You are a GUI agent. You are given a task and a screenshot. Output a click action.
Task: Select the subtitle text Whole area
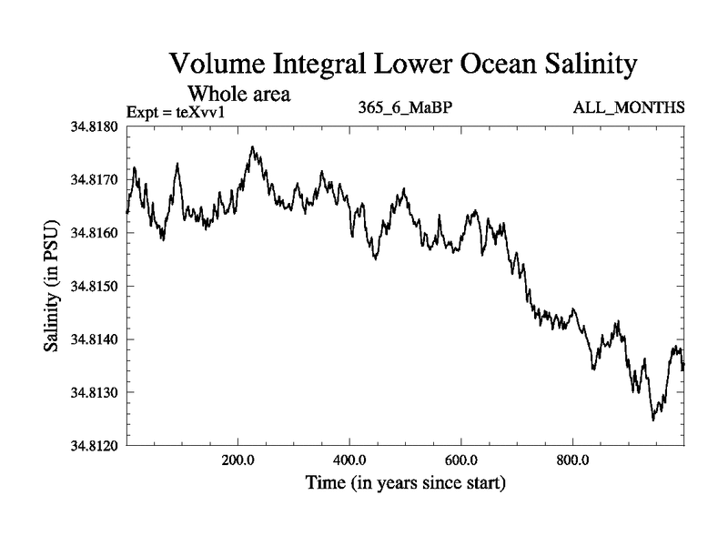(x=238, y=93)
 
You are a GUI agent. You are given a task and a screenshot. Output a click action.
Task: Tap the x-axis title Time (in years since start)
(x=406, y=482)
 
